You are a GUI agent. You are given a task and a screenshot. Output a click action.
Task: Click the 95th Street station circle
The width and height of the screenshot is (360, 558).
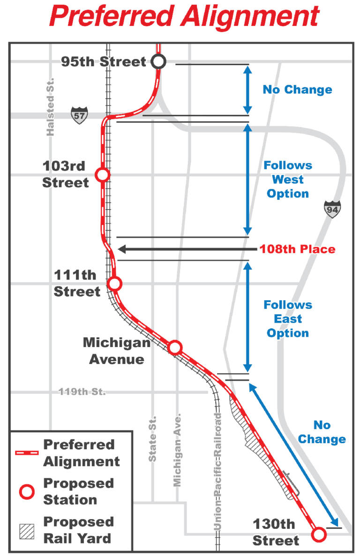(158, 61)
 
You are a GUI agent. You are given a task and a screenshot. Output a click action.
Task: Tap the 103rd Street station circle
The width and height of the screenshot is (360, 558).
(102, 175)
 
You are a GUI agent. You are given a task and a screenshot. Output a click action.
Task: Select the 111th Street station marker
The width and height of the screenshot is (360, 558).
(114, 284)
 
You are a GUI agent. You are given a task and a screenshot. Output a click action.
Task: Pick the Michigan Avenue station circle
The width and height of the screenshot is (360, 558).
(175, 347)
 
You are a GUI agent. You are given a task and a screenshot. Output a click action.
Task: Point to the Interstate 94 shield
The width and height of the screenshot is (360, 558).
(332, 209)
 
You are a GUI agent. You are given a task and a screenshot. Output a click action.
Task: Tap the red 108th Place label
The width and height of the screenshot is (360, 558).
(298, 249)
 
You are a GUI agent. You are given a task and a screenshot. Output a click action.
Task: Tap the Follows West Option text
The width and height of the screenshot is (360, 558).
(288, 180)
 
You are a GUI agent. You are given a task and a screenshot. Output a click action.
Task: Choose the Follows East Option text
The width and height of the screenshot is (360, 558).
(288, 319)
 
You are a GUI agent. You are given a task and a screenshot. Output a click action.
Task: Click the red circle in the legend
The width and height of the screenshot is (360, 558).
(27, 492)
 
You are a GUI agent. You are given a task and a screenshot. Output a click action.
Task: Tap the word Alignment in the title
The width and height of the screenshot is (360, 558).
(251, 17)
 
